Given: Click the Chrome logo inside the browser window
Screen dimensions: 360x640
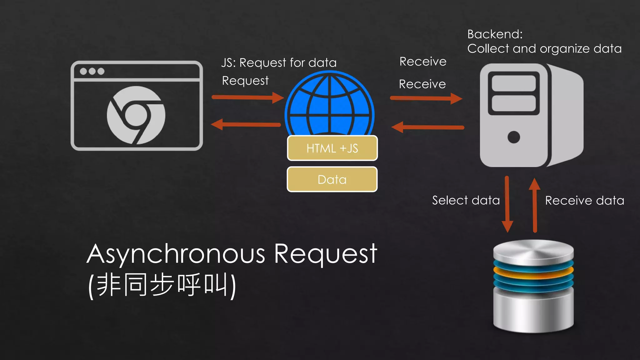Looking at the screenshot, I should tap(136, 115).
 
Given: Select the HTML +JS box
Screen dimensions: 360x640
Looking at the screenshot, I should tap(332, 148).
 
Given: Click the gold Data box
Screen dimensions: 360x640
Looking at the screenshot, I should tap(332, 179).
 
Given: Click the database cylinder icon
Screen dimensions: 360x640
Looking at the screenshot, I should tap(533, 286).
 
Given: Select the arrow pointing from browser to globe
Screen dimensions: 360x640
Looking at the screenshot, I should tap(247, 97).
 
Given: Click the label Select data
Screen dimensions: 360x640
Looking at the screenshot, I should tap(466, 200).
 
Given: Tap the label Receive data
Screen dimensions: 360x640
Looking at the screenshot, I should tap(584, 201).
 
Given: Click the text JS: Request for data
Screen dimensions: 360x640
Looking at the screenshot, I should tap(279, 63).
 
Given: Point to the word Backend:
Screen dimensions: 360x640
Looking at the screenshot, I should tap(495, 34).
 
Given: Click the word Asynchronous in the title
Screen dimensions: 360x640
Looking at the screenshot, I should tap(176, 254).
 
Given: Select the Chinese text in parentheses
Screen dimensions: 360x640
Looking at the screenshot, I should tap(162, 285).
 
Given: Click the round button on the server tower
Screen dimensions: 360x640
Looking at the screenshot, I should tap(514, 137).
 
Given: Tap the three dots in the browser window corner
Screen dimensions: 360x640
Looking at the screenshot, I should tap(92, 71).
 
